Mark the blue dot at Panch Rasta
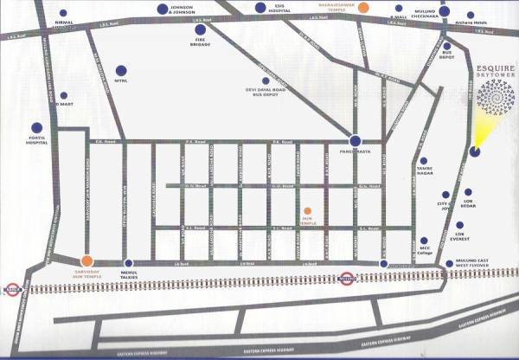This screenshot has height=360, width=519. click(x=355, y=140)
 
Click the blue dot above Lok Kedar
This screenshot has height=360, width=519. click(x=468, y=192)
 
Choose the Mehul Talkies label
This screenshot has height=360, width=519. click(x=129, y=274)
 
